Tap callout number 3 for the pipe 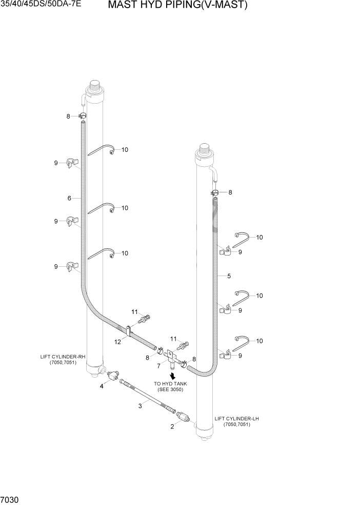click(x=139, y=406)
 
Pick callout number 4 click(x=102, y=386)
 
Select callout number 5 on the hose click(x=229, y=276)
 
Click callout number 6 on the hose click(x=69, y=198)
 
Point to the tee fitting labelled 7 click(x=172, y=360)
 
